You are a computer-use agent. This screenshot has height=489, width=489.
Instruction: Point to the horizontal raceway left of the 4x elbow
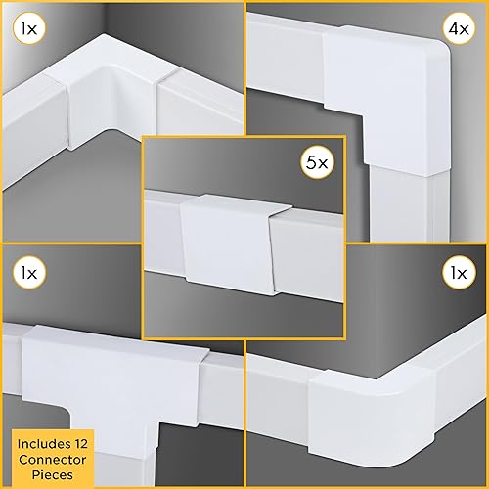pos(293,68)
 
